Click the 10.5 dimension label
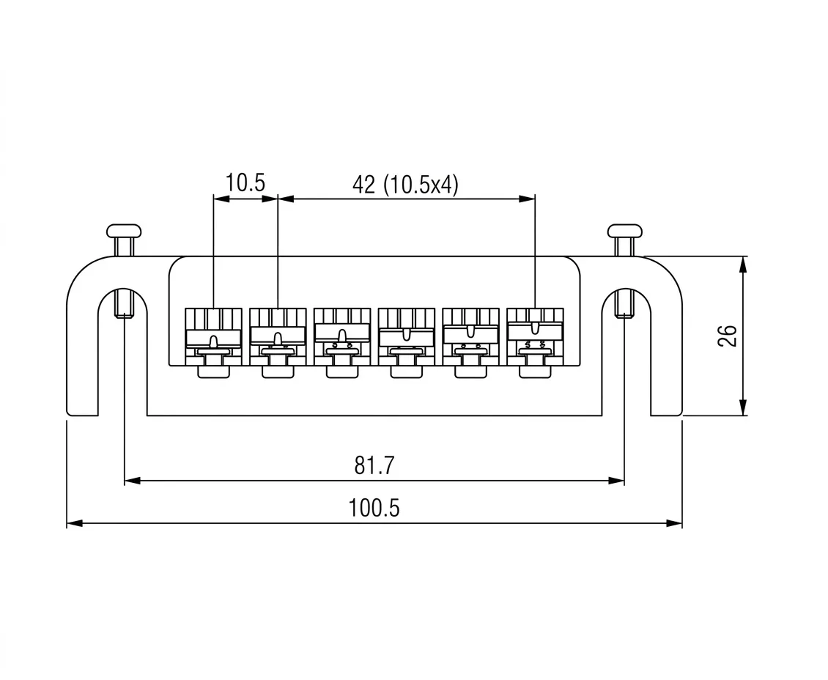click(245, 183)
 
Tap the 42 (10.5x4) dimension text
click(405, 185)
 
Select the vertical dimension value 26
click(727, 336)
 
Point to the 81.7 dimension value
click(374, 465)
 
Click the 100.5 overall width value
click(374, 508)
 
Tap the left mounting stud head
click(123, 231)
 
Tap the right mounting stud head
click(624, 231)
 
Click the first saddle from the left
click(213, 341)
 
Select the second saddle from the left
click(278, 341)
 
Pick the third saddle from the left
click(342, 341)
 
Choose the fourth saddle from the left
click(407, 341)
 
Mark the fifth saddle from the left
click(470, 341)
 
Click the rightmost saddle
click(535, 341)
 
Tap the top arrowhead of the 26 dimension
click(744, 263)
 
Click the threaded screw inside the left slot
click(124, 303)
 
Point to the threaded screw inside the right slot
click(624, 303)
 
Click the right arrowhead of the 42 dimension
click(528, 198)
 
